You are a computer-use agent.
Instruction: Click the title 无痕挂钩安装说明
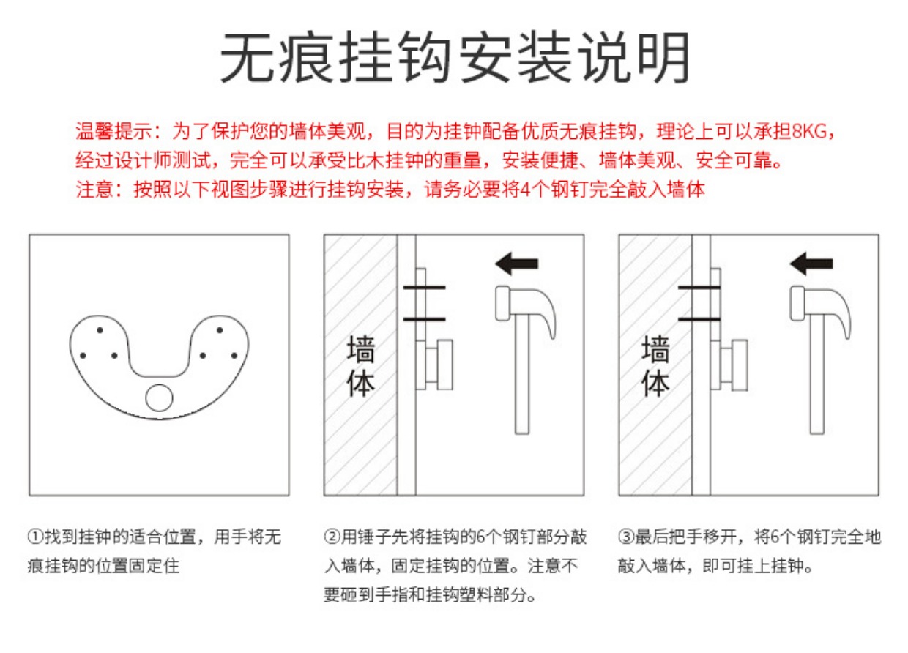(455, 57)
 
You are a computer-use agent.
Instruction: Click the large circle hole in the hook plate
(159, 398)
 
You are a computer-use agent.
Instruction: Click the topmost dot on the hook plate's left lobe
(100, 330)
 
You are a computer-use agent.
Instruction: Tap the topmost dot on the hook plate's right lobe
(219, 330)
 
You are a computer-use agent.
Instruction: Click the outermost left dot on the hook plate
(83, 356)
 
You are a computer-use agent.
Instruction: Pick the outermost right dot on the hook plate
(234, 356)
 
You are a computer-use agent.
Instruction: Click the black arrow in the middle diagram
(516, 264)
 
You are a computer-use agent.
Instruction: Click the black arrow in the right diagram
(811, 264)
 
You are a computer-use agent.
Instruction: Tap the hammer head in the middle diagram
(525, 308)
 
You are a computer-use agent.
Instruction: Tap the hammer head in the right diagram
(820, 308)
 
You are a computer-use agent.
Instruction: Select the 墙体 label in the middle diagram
(361, 365)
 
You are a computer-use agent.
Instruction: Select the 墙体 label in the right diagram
(655, 365)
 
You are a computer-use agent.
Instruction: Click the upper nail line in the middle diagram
(425, 288)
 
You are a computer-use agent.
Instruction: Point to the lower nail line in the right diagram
(699, 319)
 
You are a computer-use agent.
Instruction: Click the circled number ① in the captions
(36, 537)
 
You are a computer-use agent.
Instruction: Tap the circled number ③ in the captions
(626, 537)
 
